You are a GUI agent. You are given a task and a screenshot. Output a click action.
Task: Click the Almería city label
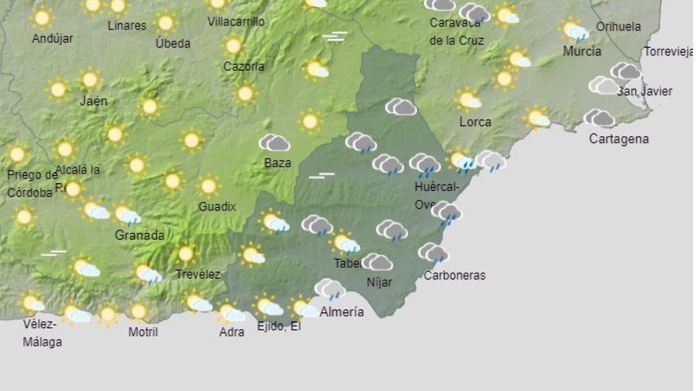342,312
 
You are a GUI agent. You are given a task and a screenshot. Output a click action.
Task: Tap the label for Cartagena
618,139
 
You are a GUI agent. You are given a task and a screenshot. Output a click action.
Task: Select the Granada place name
139,235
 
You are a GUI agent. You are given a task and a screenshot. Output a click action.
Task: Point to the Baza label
277,163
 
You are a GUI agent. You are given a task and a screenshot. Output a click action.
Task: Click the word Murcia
582,51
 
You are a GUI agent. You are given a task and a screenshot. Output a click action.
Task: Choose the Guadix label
217,206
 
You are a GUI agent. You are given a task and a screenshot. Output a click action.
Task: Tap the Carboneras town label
454,275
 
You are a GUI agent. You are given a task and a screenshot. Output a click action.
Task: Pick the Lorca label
475,122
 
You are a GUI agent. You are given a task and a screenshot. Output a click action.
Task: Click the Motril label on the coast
143,332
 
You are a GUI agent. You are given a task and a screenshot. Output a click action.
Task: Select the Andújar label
52,38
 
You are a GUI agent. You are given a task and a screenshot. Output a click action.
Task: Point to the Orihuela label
618,27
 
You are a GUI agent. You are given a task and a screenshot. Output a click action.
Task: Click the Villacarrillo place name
236,22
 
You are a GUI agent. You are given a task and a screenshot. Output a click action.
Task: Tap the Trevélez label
198,274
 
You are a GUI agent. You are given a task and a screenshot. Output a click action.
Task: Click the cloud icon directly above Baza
274,142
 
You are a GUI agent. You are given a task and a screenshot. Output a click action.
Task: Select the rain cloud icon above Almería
330,288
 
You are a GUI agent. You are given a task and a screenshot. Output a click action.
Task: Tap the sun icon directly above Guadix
208,186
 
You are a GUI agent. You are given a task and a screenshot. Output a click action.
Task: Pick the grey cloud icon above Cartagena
599,118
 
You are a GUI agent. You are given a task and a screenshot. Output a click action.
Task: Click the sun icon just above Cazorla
233,46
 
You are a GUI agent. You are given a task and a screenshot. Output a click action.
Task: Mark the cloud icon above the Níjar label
378,262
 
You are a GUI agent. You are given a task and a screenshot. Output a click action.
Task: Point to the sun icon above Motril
138,312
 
